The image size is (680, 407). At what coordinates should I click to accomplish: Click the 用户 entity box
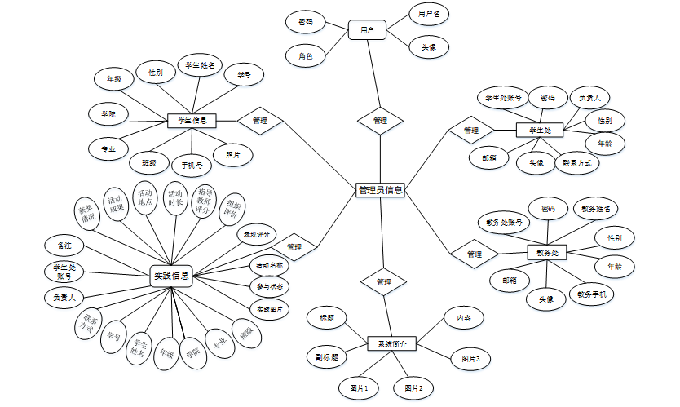click(366, 30)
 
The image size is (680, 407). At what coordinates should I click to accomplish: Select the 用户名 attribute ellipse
click(430, 15)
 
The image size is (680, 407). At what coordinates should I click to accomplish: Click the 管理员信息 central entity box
click(381, 190)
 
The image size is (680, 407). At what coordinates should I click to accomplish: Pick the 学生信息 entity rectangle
click(191, 122)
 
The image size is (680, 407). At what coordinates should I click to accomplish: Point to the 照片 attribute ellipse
click(232, 153)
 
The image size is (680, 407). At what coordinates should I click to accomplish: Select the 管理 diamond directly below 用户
click(380, 120)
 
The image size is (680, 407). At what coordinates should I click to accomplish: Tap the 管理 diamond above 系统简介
click(384, 281)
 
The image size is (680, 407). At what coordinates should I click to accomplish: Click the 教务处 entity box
click(547, 253)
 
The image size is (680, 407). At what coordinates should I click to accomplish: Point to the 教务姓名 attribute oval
click(595, 209)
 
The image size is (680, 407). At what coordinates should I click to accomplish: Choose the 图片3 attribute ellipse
click(470, 358)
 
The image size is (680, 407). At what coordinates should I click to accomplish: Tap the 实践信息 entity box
click(171, 276)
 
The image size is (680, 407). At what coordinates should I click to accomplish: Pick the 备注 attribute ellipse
click(64, 246)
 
